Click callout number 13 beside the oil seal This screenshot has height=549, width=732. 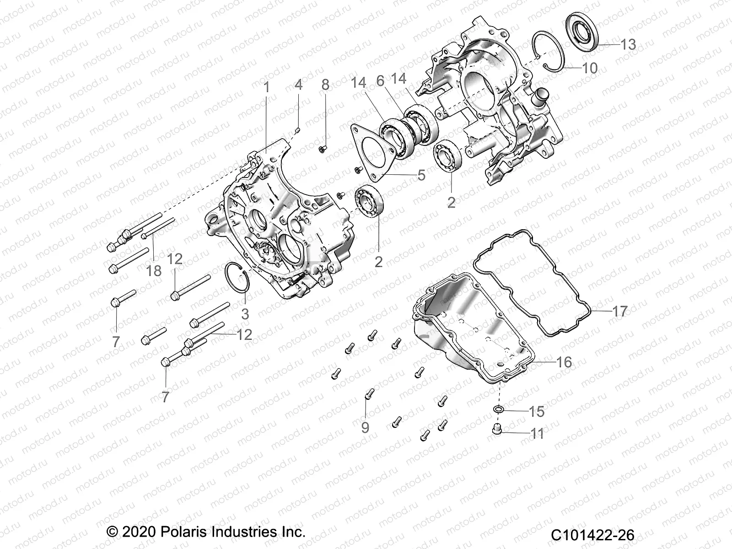pyautogui.click(x=628, y=44)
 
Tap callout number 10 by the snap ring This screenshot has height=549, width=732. pyautogui.click(x=590, y=68)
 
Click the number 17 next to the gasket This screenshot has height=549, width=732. pyautogui.click(x=620, y=312)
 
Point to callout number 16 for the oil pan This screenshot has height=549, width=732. pyautogui.click(x=564, y=362)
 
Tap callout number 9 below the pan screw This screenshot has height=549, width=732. pyautogui.click(x=365, y=427)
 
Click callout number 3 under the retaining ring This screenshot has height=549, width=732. pyautogui.click(x=245, y=314)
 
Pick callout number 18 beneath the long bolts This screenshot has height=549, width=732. pyautogui.click(x=154, y=270)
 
